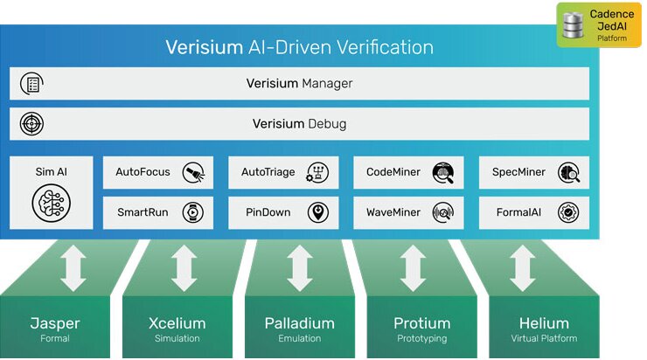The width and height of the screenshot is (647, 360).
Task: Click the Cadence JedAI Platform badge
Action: [x=599, y=25]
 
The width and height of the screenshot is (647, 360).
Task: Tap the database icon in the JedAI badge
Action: [x=574, y=25]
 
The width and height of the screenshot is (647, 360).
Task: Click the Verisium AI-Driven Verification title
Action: [x=299, y=47]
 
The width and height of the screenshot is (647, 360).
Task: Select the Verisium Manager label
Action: [x=299, y=84]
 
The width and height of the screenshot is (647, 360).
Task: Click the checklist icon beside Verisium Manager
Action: [x=31, y=84]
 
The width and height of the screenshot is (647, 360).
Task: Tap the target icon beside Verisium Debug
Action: [x=31, y=123]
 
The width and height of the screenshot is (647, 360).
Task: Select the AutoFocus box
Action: [x=157, y=172]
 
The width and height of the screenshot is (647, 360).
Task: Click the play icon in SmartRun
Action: [x=191, y=211]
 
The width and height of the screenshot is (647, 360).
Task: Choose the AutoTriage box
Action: [x=283, y=172]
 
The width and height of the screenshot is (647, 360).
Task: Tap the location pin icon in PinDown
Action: [x=317, y=211]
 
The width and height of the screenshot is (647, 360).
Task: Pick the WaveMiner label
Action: [x=393, y=211]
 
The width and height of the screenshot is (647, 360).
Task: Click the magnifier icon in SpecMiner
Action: [x=569, y=172]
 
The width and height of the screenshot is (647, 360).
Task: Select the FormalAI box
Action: [x=533, y=211]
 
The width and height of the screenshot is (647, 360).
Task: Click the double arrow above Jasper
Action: [x=73, y=267]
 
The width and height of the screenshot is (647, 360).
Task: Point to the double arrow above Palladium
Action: [x=299, y=267]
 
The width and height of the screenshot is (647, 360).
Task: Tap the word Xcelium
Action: [x=177, y=323]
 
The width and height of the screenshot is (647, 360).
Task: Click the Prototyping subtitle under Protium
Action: [x=421, y=338]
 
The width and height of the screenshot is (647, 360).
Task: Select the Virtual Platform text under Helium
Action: [x=543, y=338]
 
